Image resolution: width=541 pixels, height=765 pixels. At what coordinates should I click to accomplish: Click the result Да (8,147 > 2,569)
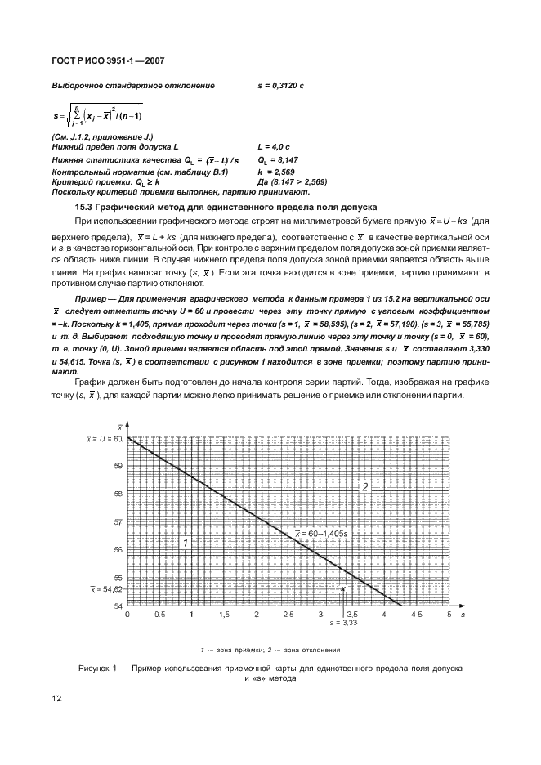[x=292, y=182]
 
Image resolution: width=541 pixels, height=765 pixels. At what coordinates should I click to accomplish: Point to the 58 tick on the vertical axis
[x=118, y=494]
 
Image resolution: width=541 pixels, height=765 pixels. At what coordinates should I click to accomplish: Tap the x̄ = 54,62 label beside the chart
[x=105, y=588]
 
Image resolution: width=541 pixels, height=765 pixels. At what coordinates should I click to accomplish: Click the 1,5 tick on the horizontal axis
[x=224, y=613]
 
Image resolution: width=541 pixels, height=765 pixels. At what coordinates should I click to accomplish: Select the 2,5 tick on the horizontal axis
[x=288, y=613]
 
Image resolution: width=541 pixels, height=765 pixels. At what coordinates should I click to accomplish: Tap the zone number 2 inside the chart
[x=365, y=486]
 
